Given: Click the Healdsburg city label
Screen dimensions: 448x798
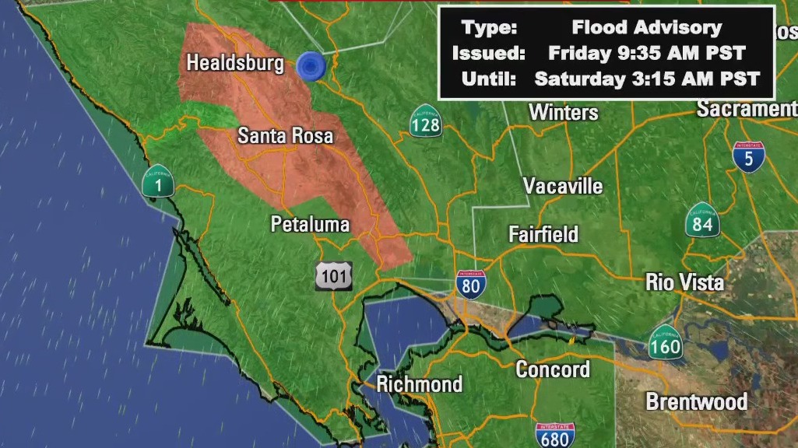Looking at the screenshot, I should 235,64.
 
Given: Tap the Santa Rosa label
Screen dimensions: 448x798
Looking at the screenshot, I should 285,136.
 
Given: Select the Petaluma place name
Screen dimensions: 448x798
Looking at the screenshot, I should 310,225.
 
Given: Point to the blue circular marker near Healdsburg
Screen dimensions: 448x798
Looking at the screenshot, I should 311,66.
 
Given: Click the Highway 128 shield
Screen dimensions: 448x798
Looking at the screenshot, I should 426,121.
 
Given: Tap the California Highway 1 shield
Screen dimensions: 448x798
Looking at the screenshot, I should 157,181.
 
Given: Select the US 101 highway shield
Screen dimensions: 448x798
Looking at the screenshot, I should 334,276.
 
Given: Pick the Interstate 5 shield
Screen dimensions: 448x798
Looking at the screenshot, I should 748,157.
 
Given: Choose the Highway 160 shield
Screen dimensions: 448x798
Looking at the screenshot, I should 666,342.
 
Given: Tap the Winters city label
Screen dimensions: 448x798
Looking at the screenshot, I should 564,112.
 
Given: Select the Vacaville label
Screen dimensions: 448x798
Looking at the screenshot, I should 562,187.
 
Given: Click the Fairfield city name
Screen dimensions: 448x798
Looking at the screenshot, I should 543,234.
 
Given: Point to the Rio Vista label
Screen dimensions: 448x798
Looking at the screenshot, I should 684,282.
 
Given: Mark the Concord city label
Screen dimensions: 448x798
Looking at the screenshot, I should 553,369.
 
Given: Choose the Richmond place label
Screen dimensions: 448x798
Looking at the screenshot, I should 419,384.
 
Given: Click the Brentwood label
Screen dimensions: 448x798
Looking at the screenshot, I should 696,402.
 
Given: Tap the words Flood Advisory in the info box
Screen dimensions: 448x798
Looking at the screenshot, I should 647,28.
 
